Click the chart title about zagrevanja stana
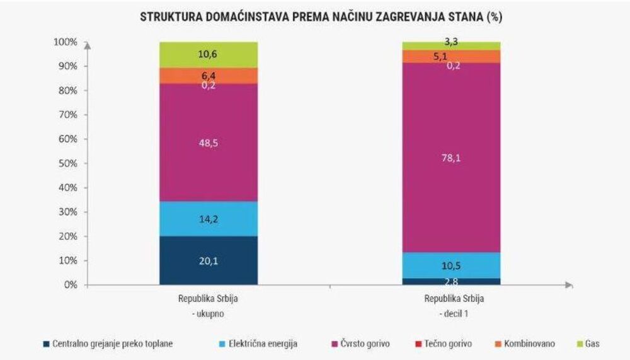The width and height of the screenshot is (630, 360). coord(321,18)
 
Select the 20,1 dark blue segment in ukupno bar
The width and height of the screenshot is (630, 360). coord(209,260)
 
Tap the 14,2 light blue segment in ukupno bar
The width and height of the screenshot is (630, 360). coord(209,219)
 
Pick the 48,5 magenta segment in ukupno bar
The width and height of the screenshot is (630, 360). coord(209,143)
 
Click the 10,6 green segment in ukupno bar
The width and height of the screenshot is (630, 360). coord(209,55)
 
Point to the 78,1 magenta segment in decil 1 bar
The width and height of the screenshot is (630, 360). coord(452,158)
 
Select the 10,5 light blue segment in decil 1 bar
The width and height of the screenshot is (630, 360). coord(452,265)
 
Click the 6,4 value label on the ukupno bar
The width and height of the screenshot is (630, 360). coord(209,76)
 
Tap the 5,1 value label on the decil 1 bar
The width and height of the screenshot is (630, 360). coord(452,56)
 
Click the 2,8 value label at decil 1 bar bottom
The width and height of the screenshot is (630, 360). coord(452,282)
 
